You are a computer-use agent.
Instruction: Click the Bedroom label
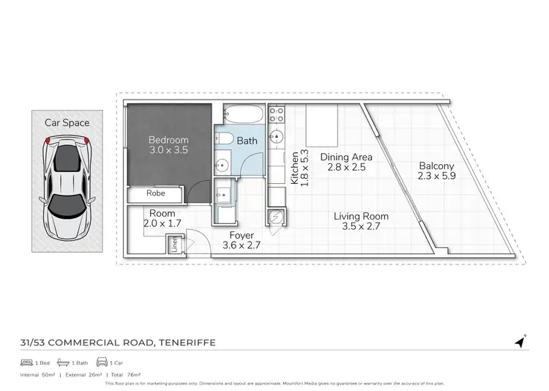click(x=168, y=140)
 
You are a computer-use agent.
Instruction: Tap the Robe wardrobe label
click(x=155, y=194)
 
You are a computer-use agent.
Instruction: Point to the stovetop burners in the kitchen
click(x=276, y=114)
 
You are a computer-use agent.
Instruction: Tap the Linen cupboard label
click(x=174, y=244)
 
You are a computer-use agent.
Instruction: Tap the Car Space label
click(x=66, y=122)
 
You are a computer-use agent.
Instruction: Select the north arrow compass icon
click(x=520, y=341)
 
